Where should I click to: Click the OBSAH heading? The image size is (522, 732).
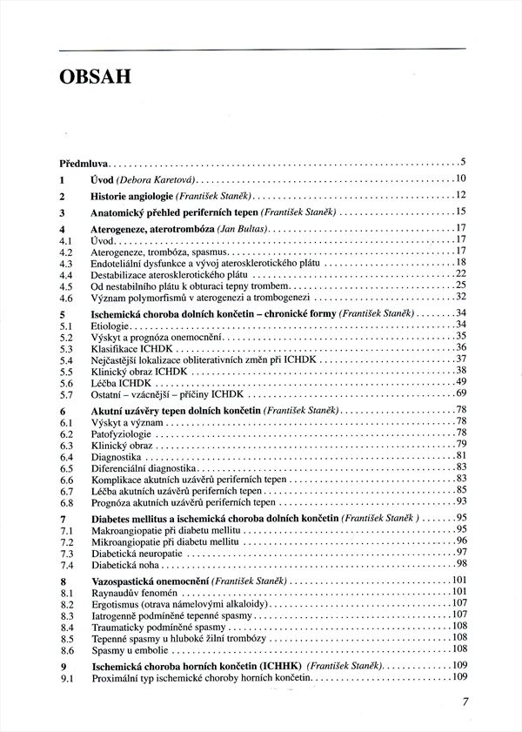pyautogui.click(x=95, y=77)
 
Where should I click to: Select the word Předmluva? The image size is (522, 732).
pyautogui.click(x=83, y=162)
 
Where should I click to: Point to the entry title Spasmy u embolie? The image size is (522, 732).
pyautogui.click(x=130, y=648)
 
